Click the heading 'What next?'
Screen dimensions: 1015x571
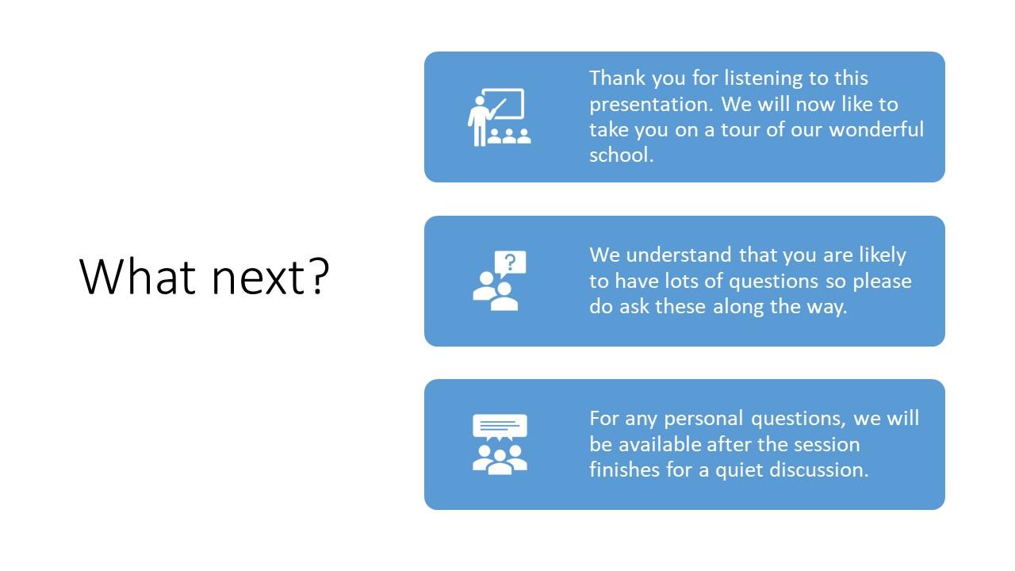(204, 277)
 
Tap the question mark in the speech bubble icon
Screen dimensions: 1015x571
(510, 262)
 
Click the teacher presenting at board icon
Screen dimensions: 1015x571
(499, 117)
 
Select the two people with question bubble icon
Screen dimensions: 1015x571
(499, 281)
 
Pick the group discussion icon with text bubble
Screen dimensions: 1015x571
(500, 444)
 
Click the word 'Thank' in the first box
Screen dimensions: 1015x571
(617, 78)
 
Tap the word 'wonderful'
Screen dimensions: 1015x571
(876, 129)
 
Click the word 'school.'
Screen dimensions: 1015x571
(621, 155)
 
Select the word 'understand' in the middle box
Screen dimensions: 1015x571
(678, 255)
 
